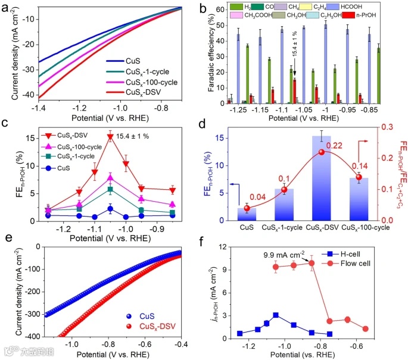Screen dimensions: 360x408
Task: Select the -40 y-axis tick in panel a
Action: pos(27,95)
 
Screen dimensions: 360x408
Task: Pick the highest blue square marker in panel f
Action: pos(275,315)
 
